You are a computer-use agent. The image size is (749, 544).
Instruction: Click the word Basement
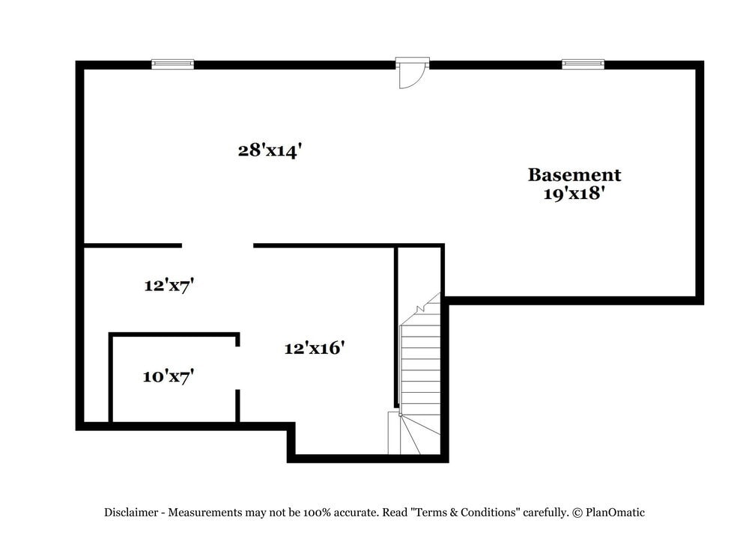[574, 175]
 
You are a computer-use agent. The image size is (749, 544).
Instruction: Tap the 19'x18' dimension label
[574, 194]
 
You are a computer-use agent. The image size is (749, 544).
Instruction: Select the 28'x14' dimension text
[270, 150]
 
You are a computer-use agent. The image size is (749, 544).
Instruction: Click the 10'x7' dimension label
[169, 376]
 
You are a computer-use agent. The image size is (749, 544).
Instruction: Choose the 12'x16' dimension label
[314, 348]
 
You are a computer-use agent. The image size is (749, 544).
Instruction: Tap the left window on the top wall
[172, 64]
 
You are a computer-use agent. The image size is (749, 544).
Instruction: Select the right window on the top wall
[583, 64]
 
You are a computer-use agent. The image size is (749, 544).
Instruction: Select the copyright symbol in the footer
[577, 513]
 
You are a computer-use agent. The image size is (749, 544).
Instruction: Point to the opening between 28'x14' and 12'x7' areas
[217, 245]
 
